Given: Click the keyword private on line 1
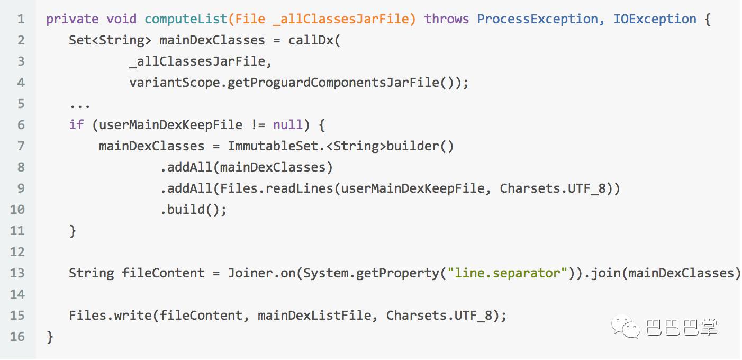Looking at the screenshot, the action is point(72,20).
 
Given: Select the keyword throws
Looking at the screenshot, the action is point(446,20).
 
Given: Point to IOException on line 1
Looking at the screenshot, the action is point(655,20).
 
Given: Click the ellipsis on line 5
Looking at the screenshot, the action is point(79,104).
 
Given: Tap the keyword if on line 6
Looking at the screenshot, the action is point(76,125).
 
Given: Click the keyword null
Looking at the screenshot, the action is point(288,125).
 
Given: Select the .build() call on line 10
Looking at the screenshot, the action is point(193,210).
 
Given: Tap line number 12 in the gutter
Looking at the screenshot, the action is point(17,252).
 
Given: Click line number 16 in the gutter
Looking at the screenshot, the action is point(17,337).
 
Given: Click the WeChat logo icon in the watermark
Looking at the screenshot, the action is point(626,327).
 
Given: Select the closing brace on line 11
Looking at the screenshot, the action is point(73,231).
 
